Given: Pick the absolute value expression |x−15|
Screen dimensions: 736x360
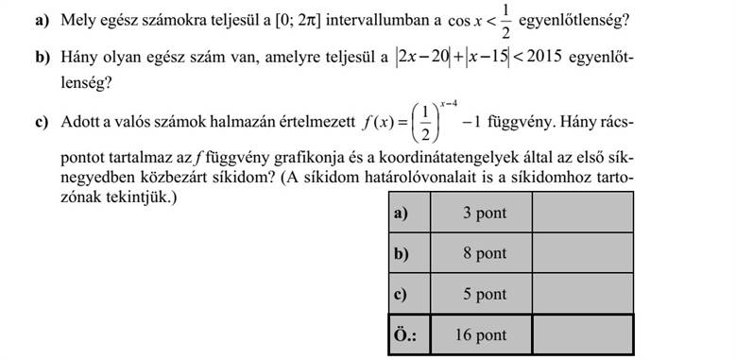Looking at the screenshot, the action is [x=488, y=59].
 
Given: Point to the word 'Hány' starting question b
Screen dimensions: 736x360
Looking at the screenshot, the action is [x=77, y=59].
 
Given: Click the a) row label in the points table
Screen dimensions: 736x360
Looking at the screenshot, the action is [x=400, y=214].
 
